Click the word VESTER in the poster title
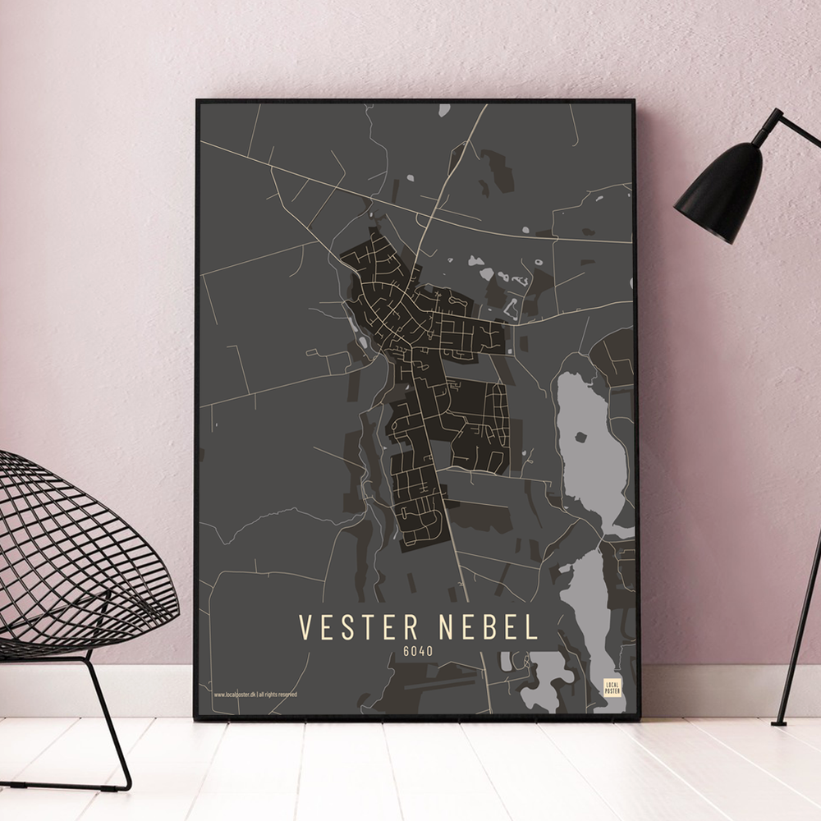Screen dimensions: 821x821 point(360,626)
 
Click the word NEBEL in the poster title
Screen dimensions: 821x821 point(488,626)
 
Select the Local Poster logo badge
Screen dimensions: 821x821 point(612,688)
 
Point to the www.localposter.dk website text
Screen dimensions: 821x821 point(235,694)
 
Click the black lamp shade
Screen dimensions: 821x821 point(719,192)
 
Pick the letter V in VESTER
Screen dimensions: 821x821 point(305,626)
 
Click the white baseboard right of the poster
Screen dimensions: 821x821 point(722,690)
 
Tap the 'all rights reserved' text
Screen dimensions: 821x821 point(278,694)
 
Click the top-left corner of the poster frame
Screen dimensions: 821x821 point(198,102)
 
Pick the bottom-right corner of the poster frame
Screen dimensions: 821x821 point(638,717)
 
